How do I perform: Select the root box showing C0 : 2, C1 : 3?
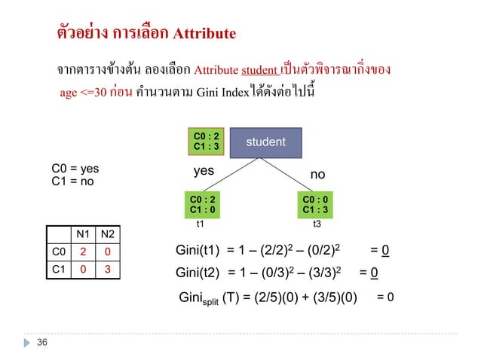[x=206, y=141]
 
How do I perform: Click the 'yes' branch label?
[x=204, y=171]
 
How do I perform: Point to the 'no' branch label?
[x=318, y=174]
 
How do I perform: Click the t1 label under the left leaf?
[x=201, y=224]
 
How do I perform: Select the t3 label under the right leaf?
[x=317, y=224]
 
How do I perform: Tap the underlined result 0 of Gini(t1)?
[x=384, y=250]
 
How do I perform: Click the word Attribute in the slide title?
[x=204, y=34]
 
